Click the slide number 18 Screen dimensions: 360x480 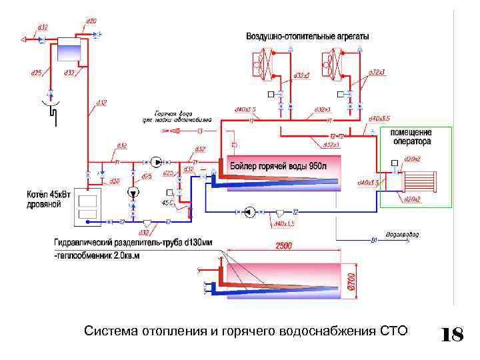tap(453, 334)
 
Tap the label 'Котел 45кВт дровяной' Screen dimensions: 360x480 tap(43, 199)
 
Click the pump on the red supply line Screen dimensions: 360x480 tap(155, 161)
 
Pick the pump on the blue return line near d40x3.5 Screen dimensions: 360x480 tap(248, 212)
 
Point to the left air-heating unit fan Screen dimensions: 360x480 tap(259, 65)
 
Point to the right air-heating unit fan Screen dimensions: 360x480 tap(333, 65)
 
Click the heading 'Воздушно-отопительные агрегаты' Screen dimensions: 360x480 tap(307, 36)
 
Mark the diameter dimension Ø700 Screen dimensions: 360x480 tap(352, 278)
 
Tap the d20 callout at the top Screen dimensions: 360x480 tap(91, 21)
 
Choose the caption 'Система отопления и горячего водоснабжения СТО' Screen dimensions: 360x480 tap(246, 331)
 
